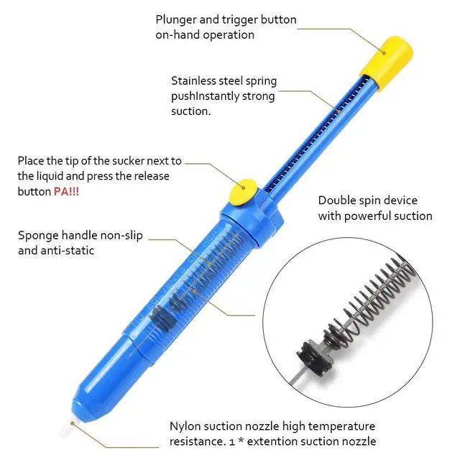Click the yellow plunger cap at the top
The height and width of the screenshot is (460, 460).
[387, 63]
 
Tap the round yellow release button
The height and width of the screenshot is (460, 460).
[243, 192]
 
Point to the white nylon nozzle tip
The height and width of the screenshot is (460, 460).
[67, 429]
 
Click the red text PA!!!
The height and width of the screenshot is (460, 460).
[66, 192]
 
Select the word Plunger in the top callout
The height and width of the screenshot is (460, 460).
[175, 20]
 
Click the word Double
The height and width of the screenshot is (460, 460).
[336, 200]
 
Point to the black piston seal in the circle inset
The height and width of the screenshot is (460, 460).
[312, 357]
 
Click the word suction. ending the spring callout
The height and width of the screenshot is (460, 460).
[191, 111]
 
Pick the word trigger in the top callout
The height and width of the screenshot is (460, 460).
[240, 20]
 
